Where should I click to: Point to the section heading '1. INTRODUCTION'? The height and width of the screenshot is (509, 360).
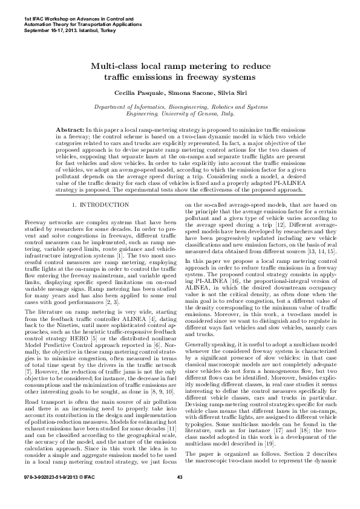(x=100, y=206)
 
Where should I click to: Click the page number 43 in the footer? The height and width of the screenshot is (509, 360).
(x=180, y=495)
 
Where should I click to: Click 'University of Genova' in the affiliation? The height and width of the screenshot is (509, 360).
(x=190, y=113)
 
